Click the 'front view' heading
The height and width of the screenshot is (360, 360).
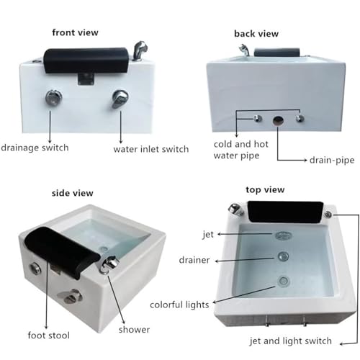tap(75, 32)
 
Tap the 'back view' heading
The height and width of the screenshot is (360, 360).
tap(256, 34)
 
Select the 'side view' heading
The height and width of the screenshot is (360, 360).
tap(73, 193)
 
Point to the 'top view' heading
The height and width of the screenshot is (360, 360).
tap(265, 189)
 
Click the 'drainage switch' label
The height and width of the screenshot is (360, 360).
tap(35, 148)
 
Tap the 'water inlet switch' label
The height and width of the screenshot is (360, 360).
tap(151, 149)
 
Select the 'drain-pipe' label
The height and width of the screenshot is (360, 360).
tap(332, 160)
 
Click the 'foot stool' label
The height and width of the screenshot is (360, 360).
tap(49, 336)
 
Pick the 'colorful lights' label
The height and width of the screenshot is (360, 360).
tap(179, 305)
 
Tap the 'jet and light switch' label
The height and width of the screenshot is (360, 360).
tap(291, 341)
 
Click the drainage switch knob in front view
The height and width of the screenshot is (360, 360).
tap(54, 98)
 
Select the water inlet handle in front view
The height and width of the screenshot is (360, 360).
tap(120, 99)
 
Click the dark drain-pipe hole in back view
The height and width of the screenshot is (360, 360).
tap(279, 120)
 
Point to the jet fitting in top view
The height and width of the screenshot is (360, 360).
tap(284, 235)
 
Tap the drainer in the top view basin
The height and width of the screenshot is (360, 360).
tap(283, 256)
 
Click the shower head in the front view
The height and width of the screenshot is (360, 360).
tap(140, 50)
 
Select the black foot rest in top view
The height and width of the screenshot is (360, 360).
tap(286, 211)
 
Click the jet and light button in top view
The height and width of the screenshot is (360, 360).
tap(328, 214)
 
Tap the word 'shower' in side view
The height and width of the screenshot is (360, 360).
tap(134, 330)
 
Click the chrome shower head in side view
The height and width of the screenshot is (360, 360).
tap(109, 264)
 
